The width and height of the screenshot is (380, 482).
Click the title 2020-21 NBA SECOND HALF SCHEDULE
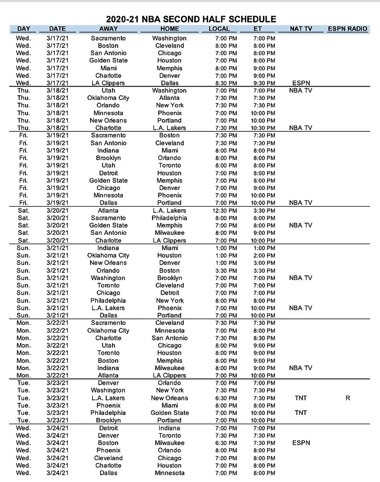click(189, 19)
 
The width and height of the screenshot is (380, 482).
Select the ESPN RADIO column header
click(348, 29)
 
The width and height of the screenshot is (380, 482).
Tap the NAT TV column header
click(300, 29)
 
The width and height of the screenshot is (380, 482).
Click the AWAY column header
click(109, 29)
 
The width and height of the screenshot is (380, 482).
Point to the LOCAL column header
click(219, 29)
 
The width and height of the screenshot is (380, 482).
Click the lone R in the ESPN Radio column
click(348, 398)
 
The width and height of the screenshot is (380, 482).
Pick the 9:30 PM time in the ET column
click(264, 83)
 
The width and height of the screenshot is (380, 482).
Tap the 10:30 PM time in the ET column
click(264, 128)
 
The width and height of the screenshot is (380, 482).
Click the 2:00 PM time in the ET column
click(264, 256)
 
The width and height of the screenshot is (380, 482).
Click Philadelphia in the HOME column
click(169, 218)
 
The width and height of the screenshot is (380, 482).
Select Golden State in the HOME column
click(169, 413)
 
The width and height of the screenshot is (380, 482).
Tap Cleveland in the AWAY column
click(108, 458)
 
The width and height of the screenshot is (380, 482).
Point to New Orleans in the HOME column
click(169, 398)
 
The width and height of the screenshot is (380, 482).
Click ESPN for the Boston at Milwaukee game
click(300, 443)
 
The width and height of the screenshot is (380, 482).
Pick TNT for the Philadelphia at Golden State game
click(300, 413)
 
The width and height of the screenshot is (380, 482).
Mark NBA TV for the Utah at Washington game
click(300, 91)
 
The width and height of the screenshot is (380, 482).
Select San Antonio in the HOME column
click(169, 338)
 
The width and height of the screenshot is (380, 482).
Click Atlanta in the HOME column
click(169, 98)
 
